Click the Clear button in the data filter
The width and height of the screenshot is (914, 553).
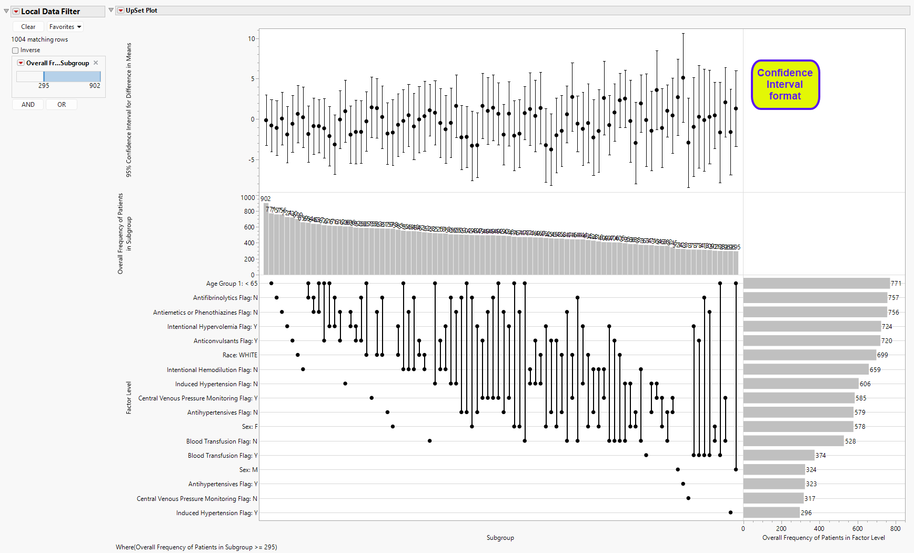tap(28, 27)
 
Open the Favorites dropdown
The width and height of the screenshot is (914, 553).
tap(65, 27)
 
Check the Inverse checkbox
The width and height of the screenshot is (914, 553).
tap(15, 51)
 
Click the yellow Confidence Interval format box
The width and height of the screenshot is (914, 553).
tap(785, 85)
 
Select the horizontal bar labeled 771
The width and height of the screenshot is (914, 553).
tap(816, 284)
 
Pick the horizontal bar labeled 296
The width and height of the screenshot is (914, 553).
tap(771, 512)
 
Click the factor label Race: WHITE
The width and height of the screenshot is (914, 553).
tap(240, 355)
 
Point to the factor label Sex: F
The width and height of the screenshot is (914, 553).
tap(250, 427)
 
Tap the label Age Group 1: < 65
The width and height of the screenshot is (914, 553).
tap(232, 284)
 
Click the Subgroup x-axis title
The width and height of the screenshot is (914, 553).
tap(500, 538)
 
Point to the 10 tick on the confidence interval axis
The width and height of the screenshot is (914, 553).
tap(252, 39)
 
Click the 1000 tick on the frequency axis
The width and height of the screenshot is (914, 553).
tap(248, 198)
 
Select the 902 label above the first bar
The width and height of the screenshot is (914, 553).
tap(266, 199)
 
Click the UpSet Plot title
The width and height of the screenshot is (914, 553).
tap(142, 11)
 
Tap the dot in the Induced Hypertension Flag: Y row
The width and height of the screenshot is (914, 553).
tap(730, 512)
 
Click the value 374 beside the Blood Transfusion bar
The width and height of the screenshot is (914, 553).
tap(821, 456)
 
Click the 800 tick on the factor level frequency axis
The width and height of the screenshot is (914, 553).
tap(895, 529)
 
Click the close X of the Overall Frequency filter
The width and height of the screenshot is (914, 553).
tap(96, 63)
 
